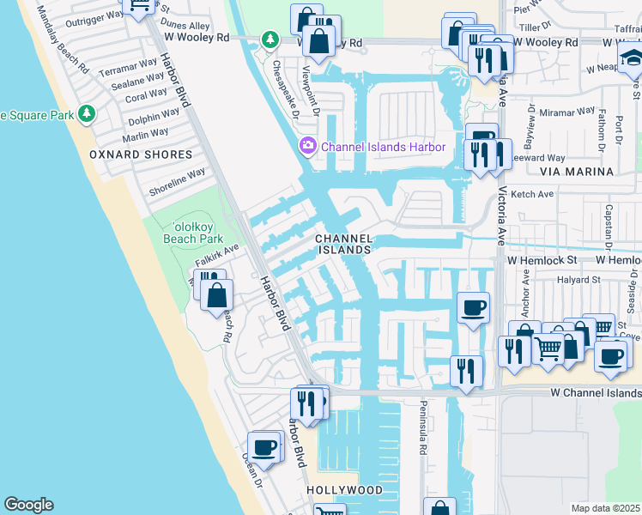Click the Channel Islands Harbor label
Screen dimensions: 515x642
pyautogui.click(x=383, y=147)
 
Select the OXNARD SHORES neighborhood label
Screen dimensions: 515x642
pyautogui.click(x=141, y=154)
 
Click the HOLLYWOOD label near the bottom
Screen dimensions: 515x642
pyautogui.click(x=345, y=490)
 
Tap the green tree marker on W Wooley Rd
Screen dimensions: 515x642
pyautogui.click(x=270, y=39)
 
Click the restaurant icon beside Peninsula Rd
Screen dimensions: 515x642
pyautogui.click(x=465, y=370)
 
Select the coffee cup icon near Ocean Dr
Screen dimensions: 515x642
pyautogui.click(x=265, y=447)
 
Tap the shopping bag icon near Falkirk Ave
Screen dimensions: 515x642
pyautogui.click(x=217, y=296)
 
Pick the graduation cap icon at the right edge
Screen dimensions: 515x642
pyautogui.click(x=631, y=60)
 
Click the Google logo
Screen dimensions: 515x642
pyautogui.click(x=28, y=505)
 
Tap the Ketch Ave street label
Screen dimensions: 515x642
pyautogui.click(x=533, y=195)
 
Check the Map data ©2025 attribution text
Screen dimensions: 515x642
pyautogui.click(x=606, y=508)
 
